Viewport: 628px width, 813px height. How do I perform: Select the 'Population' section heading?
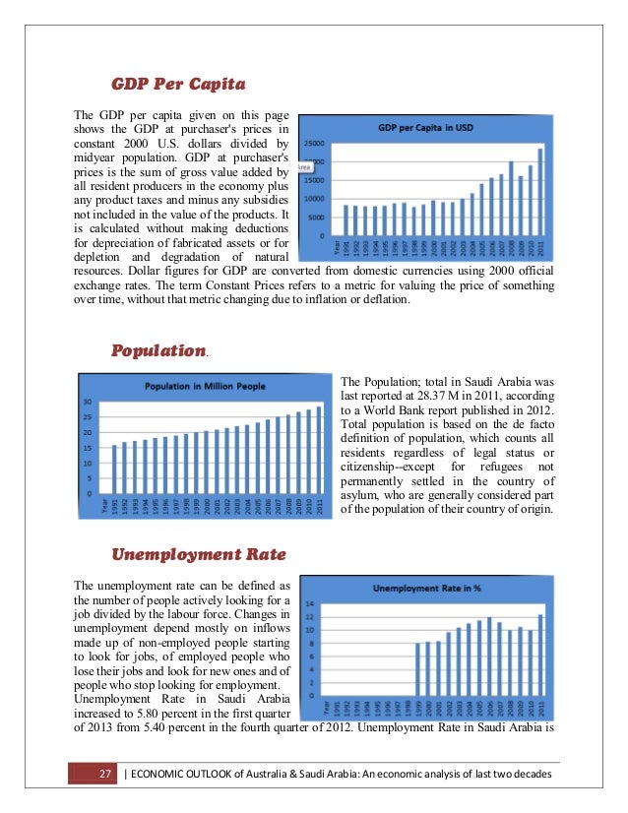point(157,349)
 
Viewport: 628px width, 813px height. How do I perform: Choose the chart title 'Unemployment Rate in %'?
point(426,589)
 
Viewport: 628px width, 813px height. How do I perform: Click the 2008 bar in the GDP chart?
point(511,198)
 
